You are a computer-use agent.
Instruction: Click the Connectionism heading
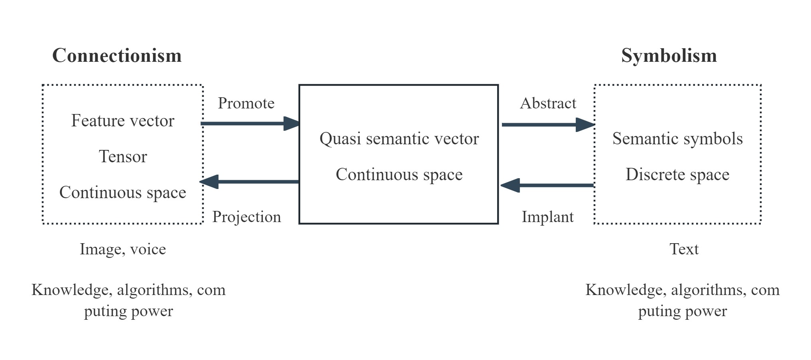point(117,55)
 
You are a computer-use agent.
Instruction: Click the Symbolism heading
point(669,55)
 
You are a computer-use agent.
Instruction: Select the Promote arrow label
point(246,103)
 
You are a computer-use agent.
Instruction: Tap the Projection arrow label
point(246,217)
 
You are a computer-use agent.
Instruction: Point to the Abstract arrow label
point(548,103)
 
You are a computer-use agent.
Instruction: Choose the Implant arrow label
point(547,217)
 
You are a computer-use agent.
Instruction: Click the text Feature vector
point(123,121)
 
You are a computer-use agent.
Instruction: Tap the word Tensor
point(123,157)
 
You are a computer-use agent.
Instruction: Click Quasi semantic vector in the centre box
point(399,139)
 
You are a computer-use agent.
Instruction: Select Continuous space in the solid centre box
point(399,175)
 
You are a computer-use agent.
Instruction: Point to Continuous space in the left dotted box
point(123,193)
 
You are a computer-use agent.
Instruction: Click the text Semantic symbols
point(677,139)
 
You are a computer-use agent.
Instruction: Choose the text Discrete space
point(677,175)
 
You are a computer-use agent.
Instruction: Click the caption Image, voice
point(123,249)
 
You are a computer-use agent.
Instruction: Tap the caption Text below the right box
point(684,249)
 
